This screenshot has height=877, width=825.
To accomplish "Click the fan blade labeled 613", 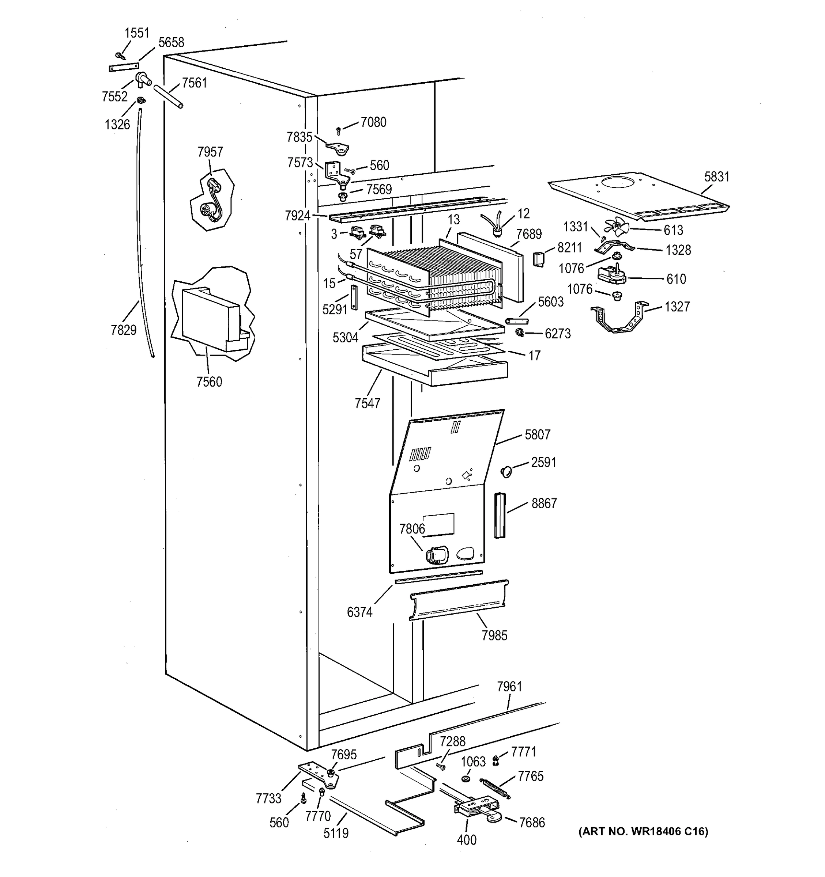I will click(616, 228).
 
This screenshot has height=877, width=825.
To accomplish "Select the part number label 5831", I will click(717, 177).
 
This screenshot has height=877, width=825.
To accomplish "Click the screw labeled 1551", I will click(120, 56).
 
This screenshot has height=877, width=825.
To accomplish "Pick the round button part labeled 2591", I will click(506, 472).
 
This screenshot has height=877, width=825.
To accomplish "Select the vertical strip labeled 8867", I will click(499, 515).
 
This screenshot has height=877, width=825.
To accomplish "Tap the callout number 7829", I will click(124, 330).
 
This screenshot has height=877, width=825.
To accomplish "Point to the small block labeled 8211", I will click(538, 259).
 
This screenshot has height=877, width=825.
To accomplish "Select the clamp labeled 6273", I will click(520, 333).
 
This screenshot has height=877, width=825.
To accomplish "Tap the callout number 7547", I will click(367, 403).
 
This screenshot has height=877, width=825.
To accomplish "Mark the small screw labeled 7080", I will click(339, 130).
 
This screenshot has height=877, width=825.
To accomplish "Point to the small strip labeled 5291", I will click(354, 297).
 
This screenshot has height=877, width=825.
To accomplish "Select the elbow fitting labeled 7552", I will click(143, 79).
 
